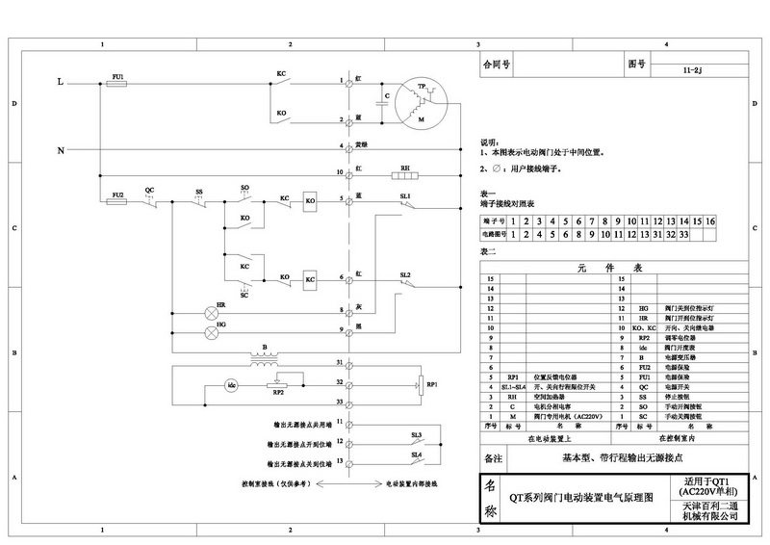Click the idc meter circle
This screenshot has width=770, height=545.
coord(231,385)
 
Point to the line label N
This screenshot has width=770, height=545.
coord(61,151)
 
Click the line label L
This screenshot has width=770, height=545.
coord(61,85)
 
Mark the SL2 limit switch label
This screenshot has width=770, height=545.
coord(405,274)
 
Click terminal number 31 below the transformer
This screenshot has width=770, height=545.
coord(340,362)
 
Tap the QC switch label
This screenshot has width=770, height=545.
coord(149,190)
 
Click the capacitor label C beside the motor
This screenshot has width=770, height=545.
coord(387,96)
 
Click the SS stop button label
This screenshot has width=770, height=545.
coord(199,190)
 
